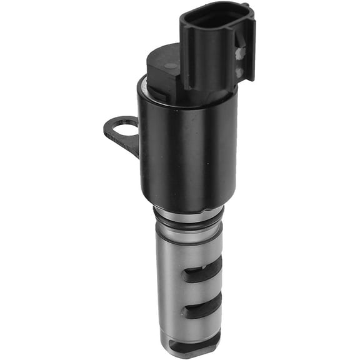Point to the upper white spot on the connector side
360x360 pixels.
[x=240, y=54]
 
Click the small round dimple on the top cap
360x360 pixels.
[x=169, y=65]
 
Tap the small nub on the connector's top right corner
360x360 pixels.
[x=246, y=7]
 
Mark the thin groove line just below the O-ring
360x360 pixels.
[x=187, y=226]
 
